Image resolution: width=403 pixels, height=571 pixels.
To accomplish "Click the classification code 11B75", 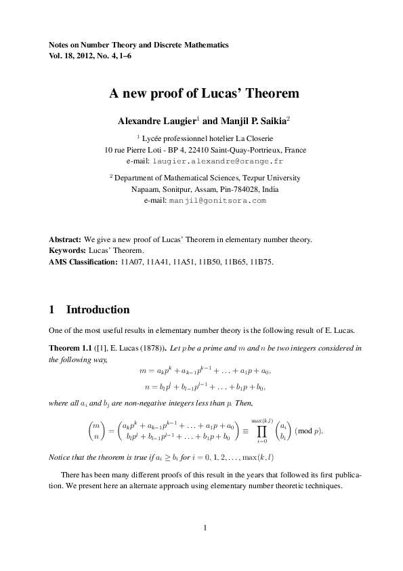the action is (261, 261).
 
